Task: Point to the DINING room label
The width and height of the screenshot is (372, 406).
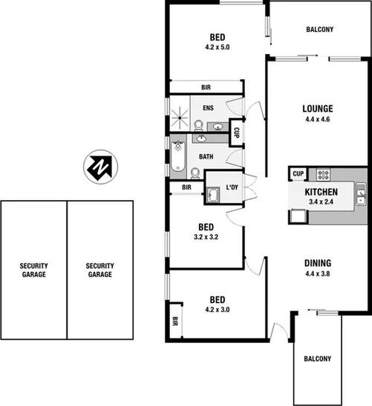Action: pos(316,262)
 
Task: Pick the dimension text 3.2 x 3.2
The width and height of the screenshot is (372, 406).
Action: pos(206,237)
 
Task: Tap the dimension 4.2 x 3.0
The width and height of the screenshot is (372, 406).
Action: pos(217,309)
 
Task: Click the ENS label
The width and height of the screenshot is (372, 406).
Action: pos(209,107)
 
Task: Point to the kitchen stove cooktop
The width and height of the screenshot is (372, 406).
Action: pos(324,175)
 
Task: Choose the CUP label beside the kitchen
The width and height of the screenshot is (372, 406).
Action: pos(297,173)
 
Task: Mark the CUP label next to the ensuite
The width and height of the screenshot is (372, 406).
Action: pos(235,133)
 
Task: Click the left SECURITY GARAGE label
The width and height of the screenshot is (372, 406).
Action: pos(33,270)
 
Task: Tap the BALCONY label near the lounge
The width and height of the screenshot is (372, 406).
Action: pos(319,30)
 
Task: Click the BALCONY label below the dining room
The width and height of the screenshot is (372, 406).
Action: pos(317,359)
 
